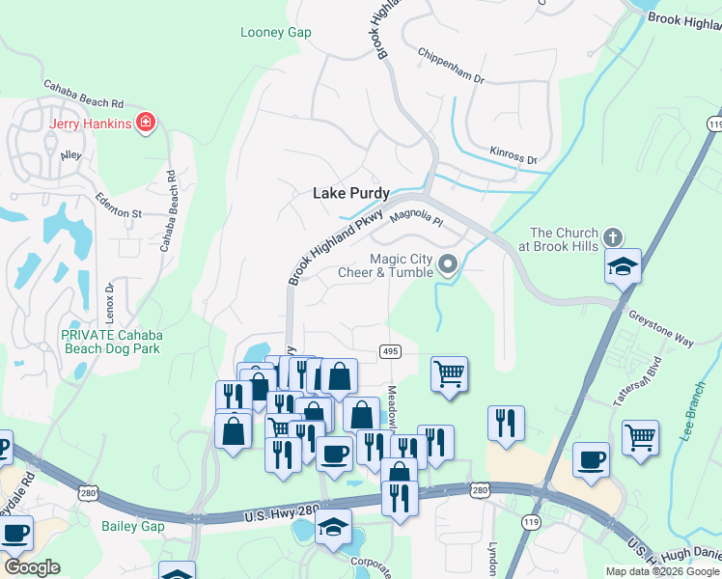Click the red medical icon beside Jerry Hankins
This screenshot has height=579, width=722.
pyautogui.click(x=146, y=123)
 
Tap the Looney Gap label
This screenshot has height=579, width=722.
pyautogui.click(x=275, y=33)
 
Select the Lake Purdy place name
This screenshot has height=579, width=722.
pyautogui.click(x=350, y=193)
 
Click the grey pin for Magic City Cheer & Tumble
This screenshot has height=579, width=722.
pyautogui.click(x=447, y=263)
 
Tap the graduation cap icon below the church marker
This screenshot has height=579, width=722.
pyautogui.click(x=623, y=265)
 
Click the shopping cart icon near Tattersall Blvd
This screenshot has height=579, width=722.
pyautogui.click(x=640, y=436)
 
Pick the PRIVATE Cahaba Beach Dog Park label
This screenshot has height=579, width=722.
pyautogui.click(x=112, y=342)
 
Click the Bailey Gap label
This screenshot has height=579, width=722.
pyautogui.click(x=132, y=526)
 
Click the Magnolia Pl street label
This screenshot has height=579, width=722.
pyautogui.click(x=415, y=218)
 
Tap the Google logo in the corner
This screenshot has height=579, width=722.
pyautogui.click(x=33, y=567)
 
